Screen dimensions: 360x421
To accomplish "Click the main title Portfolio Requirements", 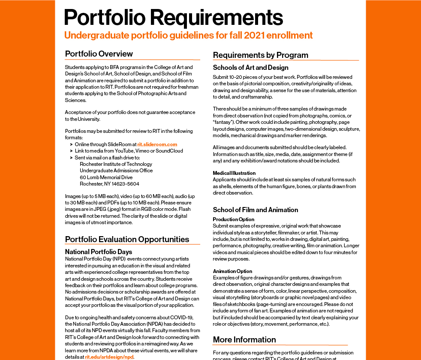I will point(173,18).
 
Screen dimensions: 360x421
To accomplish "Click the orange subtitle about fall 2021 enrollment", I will point(188,35).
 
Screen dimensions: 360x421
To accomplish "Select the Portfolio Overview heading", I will point(99,54).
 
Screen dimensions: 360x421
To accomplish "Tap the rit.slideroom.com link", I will point(157,145).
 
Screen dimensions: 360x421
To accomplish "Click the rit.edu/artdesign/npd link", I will point(109,357).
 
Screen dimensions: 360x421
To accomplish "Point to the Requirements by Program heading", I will point(260,55).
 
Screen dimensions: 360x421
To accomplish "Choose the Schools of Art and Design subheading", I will point(250,68).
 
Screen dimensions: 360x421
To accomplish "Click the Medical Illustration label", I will point(234,173).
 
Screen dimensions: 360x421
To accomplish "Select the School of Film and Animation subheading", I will point(255,210).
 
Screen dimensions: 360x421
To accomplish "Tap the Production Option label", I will point(233,219).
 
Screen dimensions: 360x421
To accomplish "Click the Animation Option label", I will point(232,271).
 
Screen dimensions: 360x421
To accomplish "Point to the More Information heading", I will point(244,340).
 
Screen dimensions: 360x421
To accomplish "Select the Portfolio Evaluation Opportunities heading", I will point(127,240).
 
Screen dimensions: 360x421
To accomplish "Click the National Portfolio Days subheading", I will point(98,252).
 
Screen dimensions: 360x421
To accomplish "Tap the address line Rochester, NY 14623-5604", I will point(109,184).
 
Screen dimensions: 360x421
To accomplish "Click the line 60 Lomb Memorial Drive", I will point(106,177).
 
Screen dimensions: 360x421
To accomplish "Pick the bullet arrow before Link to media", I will point(71,151).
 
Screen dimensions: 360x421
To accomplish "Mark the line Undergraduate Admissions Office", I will point(116,171).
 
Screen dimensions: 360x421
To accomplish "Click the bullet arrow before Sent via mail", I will point(71,158).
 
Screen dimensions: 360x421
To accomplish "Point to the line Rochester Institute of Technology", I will point(116,164).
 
